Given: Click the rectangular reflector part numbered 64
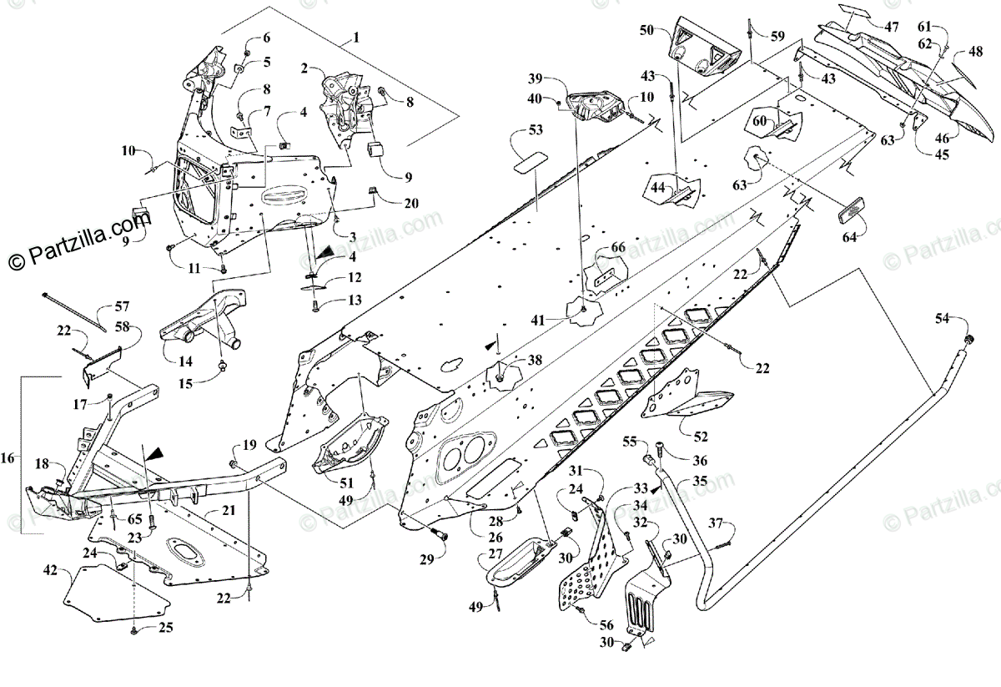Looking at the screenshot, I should tap(853, 209).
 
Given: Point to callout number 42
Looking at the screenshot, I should tap(51, 571).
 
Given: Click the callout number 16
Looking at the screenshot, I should tap(8, 458).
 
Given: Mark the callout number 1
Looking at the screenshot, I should tap(356, 38).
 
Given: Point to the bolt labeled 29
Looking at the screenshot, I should tap(442, 535).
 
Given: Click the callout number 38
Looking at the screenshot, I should tap(534, 360).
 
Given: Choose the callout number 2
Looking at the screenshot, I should tap(304, 68).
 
